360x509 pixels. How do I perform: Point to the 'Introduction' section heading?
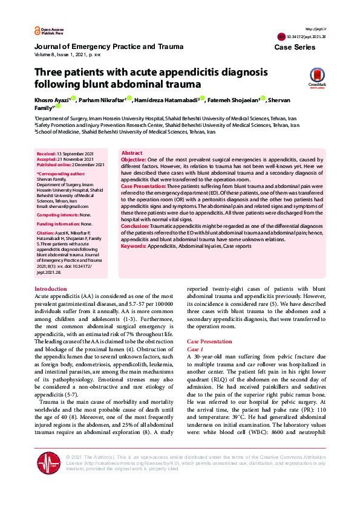[x=51, y=290]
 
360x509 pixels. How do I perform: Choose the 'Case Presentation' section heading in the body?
[x=209, y=342]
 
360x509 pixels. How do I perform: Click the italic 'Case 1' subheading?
[x=195, y=349]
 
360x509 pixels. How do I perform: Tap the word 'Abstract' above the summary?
[x=132, y=154]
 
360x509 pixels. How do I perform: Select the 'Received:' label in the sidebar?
[x=47, y=155]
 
